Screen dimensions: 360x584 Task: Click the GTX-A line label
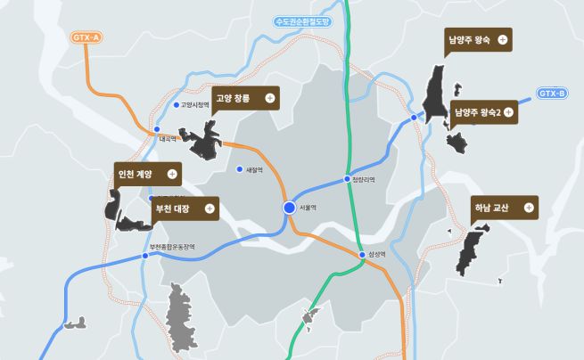point(86,37)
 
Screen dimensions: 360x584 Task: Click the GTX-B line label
point(552,93)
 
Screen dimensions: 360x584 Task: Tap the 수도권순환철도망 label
point(302,21)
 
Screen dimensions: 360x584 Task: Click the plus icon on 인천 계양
point(172,174)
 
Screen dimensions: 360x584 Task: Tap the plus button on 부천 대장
point(210,209)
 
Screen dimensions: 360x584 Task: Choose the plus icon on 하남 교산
point(529,208)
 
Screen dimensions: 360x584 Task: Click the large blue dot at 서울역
point(289,208)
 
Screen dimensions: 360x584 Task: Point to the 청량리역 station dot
point(348,179)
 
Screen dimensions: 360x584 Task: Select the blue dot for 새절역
point(239,169)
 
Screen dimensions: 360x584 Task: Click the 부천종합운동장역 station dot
point(145,256)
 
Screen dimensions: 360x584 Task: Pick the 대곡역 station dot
point(156,130)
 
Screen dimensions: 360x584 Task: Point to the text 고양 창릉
point(232,98)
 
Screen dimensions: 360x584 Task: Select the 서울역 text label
point(309,208)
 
